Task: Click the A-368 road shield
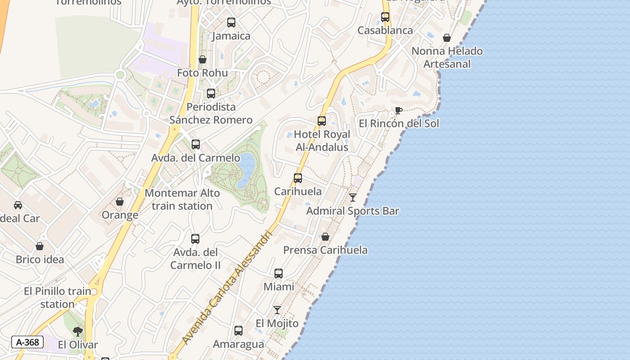(27, 342)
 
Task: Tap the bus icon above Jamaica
(231, 22)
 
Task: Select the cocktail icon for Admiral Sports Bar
(353, 197)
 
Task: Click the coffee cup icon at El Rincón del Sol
(398, 110)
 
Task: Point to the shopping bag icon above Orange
(120, 202)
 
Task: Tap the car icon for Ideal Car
(18, 205)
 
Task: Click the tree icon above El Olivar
(78, 332)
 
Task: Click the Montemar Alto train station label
(182, 199)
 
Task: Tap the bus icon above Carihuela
(298, 178)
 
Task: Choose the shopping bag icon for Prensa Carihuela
(325, 237)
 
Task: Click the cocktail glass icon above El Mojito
(277, 310)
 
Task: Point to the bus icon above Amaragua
(238, 331)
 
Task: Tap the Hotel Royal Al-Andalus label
(322, 141)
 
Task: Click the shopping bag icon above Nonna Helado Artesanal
(447, 38)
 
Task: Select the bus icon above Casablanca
(385, 17)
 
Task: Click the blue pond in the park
(246, 169)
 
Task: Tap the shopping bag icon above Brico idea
(40, 246)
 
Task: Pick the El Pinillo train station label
(58, 297)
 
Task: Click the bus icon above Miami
(279, 273)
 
